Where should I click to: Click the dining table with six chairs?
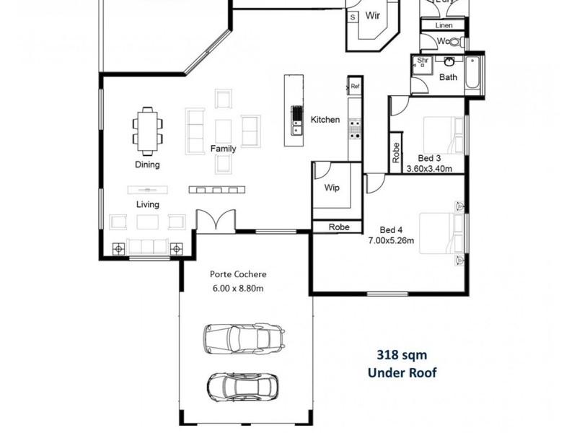(147, 130)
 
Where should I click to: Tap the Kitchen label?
(325, 120)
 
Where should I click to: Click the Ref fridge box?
(355, 87)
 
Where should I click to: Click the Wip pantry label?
(332, 188)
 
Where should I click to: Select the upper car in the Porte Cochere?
(243, 336)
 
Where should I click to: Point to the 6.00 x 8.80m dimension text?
(238, 289)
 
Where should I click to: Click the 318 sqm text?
(402, 355)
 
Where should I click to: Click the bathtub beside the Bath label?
(472, 74)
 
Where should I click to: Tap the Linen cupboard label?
(444, 26)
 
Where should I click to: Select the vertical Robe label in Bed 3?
(396, 152)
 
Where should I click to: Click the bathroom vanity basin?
(449, 61)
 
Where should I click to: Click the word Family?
(223, 149)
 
